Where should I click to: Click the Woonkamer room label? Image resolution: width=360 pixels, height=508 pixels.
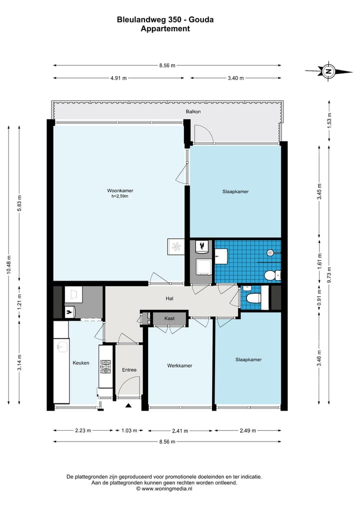(120, 190)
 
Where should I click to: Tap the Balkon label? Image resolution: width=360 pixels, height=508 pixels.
(193, 111)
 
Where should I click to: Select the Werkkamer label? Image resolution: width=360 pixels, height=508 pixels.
(179, 366)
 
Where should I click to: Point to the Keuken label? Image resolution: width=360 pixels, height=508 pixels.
(81, 363)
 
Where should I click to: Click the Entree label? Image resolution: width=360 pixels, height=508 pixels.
(129, 370)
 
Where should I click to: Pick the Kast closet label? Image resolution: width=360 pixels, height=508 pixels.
(169, 319)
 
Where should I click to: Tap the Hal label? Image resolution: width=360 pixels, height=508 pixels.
(169, 298)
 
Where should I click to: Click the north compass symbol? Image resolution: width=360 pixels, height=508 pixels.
(328, 71)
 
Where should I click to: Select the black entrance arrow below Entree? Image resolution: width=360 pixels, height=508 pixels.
(128, 405)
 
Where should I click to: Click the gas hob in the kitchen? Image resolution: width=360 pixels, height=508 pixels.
(105, 367)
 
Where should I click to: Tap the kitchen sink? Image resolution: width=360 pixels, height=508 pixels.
(61, 346)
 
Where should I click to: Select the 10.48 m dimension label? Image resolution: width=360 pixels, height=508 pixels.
(9, 265)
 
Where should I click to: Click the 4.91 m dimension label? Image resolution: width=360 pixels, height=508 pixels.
(118, 78)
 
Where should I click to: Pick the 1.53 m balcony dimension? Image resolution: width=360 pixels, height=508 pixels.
(329, 121)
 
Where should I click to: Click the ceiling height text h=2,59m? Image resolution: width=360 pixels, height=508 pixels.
(120, 196)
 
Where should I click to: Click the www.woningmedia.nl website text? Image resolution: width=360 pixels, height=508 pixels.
(167, 489)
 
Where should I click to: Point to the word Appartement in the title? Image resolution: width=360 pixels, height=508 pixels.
(165, 28)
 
